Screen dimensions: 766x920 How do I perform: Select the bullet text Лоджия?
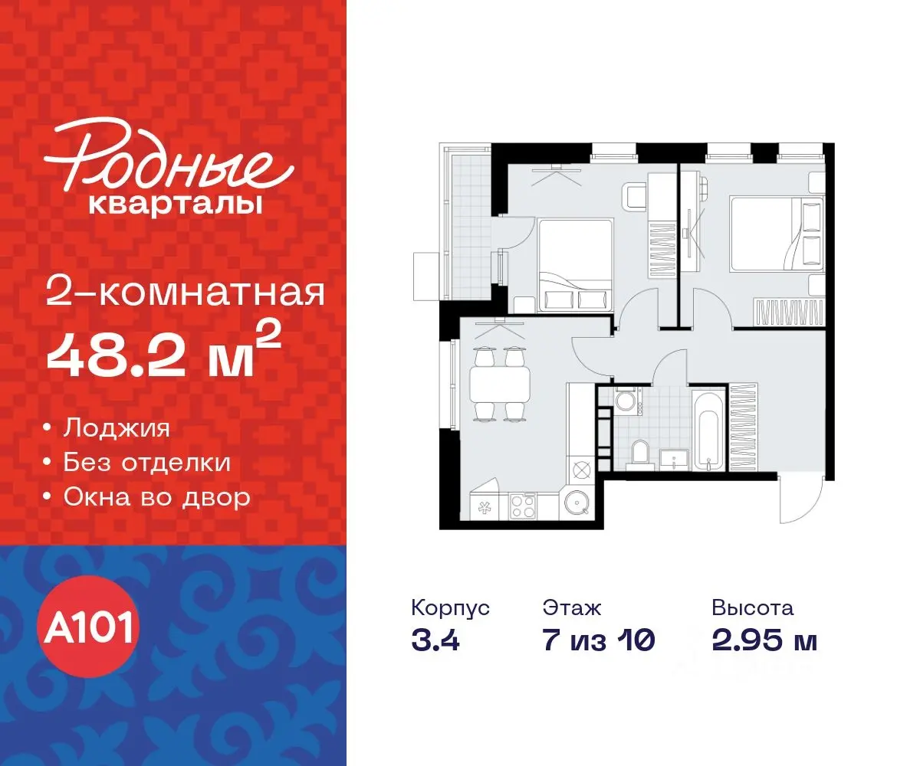pos(117,427)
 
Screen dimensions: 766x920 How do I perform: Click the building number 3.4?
pos(435,640)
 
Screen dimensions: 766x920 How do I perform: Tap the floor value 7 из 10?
pos(598,640)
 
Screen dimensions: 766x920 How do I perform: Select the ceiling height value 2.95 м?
pos(764,640)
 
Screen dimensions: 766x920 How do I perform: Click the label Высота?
pos(752,609)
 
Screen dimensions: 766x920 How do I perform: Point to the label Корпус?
pos(450,609)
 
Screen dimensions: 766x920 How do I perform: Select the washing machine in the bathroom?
pos(626,401)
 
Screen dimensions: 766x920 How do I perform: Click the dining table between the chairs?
pos(500,384)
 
